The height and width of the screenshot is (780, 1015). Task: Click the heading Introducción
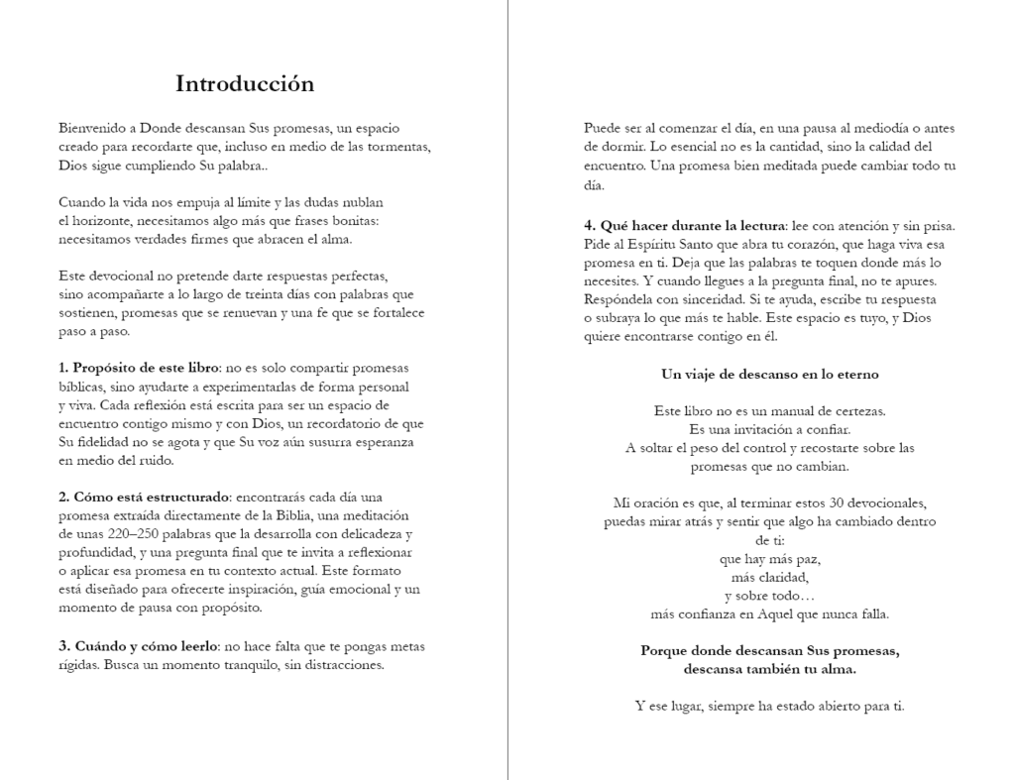[x=245, y=84]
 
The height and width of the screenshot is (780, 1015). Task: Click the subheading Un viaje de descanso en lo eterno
[x=769, y=375]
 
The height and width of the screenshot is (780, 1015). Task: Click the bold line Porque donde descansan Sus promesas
[x=769, y=651]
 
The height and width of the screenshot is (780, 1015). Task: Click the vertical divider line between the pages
[x=507, y=396]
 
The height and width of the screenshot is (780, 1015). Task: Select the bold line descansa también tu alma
[x=769, y=669]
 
